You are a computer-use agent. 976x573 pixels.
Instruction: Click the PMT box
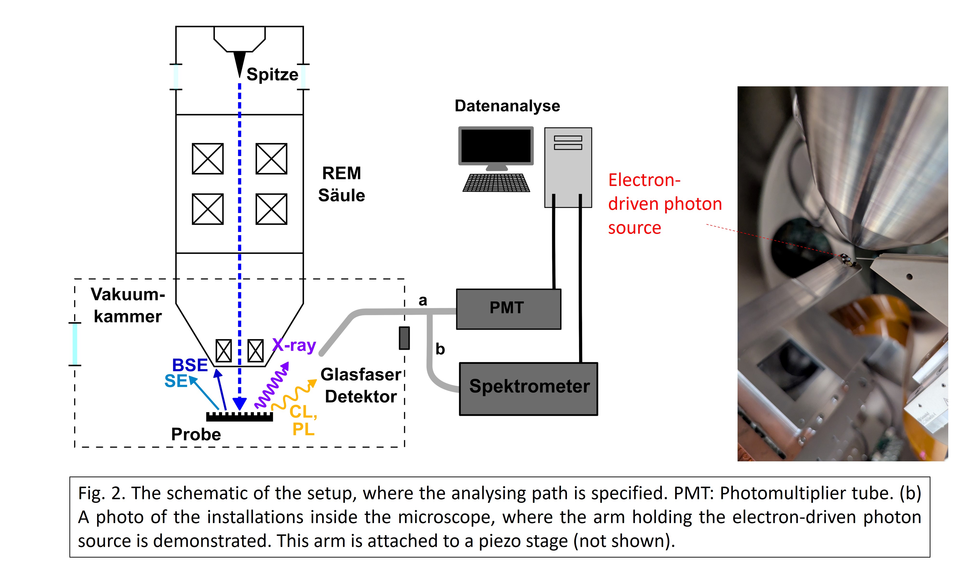(508, 309)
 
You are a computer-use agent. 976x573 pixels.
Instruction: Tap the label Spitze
(272, 74)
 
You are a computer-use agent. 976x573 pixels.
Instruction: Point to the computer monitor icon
(496, 146)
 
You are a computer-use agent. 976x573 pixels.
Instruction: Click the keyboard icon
(496, 183)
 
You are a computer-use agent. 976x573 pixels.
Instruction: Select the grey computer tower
(568, 167)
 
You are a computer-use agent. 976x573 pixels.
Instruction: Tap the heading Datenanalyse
(507, 106)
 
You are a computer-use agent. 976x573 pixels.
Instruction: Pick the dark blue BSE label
(190, 365)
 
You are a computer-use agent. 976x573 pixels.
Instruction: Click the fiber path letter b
(440, 349)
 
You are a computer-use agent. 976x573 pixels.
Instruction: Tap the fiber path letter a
(423, 300)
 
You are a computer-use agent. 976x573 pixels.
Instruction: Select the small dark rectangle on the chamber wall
(404, 338)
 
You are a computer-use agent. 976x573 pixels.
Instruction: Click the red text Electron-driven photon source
(664, 204)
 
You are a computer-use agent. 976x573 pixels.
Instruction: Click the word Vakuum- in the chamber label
(128, 294)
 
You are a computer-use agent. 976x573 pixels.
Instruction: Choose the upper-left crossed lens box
(208, 159)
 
